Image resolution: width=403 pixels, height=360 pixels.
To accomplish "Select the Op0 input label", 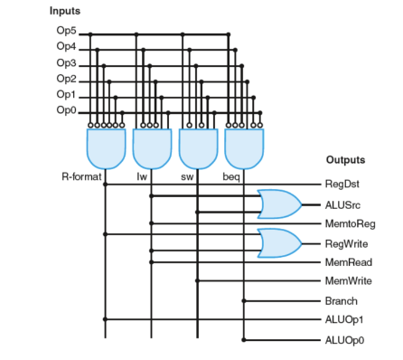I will [66, 111].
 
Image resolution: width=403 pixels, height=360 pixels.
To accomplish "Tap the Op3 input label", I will [66, 64].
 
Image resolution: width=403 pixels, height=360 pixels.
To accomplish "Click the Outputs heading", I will [345, 160].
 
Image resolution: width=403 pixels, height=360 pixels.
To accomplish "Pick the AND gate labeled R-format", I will [106, 147].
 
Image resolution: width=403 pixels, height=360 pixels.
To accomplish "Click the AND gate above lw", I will [152, 147].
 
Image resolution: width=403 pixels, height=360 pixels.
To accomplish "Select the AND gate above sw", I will [198, 147].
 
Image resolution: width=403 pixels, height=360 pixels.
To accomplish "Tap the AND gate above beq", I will [244, 147].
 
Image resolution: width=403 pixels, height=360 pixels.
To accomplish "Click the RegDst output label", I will [342, 184].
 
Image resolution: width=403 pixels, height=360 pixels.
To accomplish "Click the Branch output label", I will [341, 301].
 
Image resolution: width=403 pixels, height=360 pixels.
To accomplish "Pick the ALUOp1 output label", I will [342, 319].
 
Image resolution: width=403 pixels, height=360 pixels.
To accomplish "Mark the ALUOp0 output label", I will [342, 340].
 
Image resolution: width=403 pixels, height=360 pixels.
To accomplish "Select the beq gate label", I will [231, 177].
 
